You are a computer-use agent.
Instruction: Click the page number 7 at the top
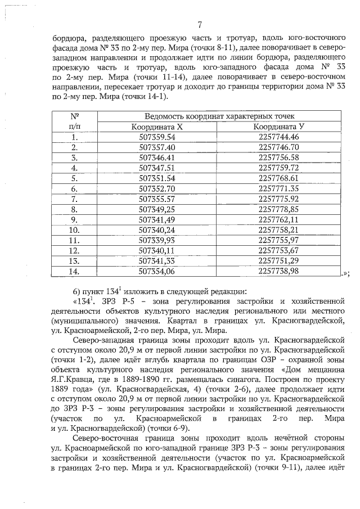point(200,25)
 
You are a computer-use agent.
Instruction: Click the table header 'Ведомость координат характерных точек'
point(220,116)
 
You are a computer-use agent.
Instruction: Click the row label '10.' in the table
point(74,229)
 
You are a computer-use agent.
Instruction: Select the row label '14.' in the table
point(74,271)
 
